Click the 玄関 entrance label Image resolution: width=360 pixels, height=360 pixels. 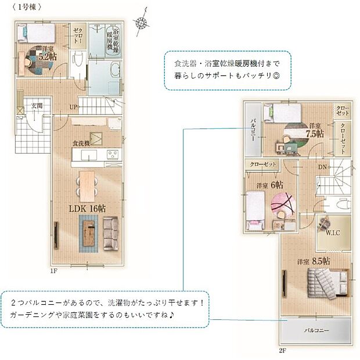[x=37, y=106]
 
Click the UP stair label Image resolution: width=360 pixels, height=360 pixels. [x=74, y=107]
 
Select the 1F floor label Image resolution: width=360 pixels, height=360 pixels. [x=53, y=271]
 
